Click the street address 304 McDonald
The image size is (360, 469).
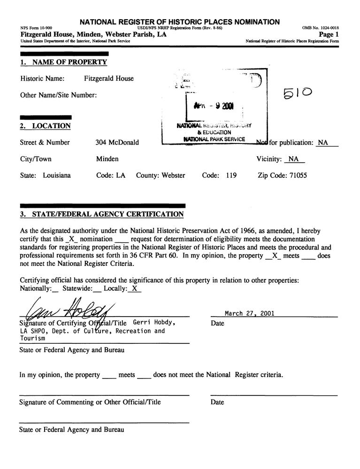(117, 143)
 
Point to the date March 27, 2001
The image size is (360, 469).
(250, 314)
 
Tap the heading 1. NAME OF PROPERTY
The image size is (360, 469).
(63, 62)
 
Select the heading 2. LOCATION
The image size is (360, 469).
(45, 126)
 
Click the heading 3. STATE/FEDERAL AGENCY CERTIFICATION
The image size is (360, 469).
(101, 214)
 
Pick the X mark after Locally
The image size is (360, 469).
(134, 289)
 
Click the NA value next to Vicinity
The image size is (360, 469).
(294, 159)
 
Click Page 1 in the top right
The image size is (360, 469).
(329, 34)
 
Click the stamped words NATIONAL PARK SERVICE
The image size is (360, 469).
(214, 139)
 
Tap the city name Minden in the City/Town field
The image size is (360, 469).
(107, 159)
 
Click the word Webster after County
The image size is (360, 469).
(173, 175)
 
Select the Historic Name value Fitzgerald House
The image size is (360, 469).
(109, 78)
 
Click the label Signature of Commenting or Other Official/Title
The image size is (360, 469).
(90, 402)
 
